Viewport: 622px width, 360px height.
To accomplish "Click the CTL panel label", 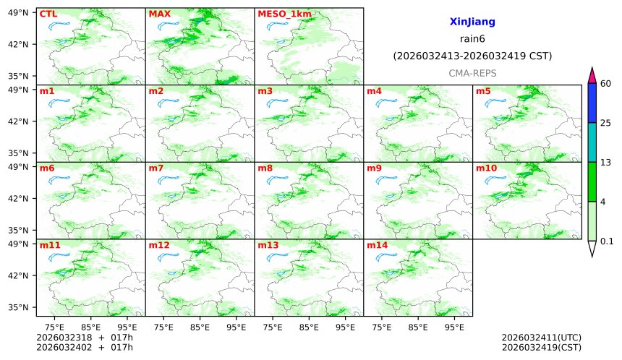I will click(48, 14).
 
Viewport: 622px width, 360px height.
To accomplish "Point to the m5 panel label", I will click(483, 91).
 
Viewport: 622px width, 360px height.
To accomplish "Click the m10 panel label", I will click(486, 168).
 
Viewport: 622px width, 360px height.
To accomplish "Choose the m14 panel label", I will click(377, 246).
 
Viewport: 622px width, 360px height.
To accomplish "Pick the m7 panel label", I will click(156, 168).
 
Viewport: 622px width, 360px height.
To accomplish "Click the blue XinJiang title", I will click(472, 22).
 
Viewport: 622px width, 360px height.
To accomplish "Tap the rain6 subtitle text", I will click(472, 39).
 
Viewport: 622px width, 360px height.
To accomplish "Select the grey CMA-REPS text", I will click(472, 73).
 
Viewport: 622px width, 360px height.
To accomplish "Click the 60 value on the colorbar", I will click(606, 84).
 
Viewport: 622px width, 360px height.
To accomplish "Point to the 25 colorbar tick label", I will click(606, 123).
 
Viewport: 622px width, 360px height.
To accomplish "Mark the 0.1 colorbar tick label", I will click(607, 241).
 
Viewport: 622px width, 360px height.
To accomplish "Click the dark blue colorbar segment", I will click(592, 103).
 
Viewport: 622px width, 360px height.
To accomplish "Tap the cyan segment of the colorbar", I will click(592, 142).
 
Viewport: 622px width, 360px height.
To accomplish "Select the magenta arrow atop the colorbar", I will click(592, 75).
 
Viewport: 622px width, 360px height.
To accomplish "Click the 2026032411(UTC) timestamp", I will click(541, 338).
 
